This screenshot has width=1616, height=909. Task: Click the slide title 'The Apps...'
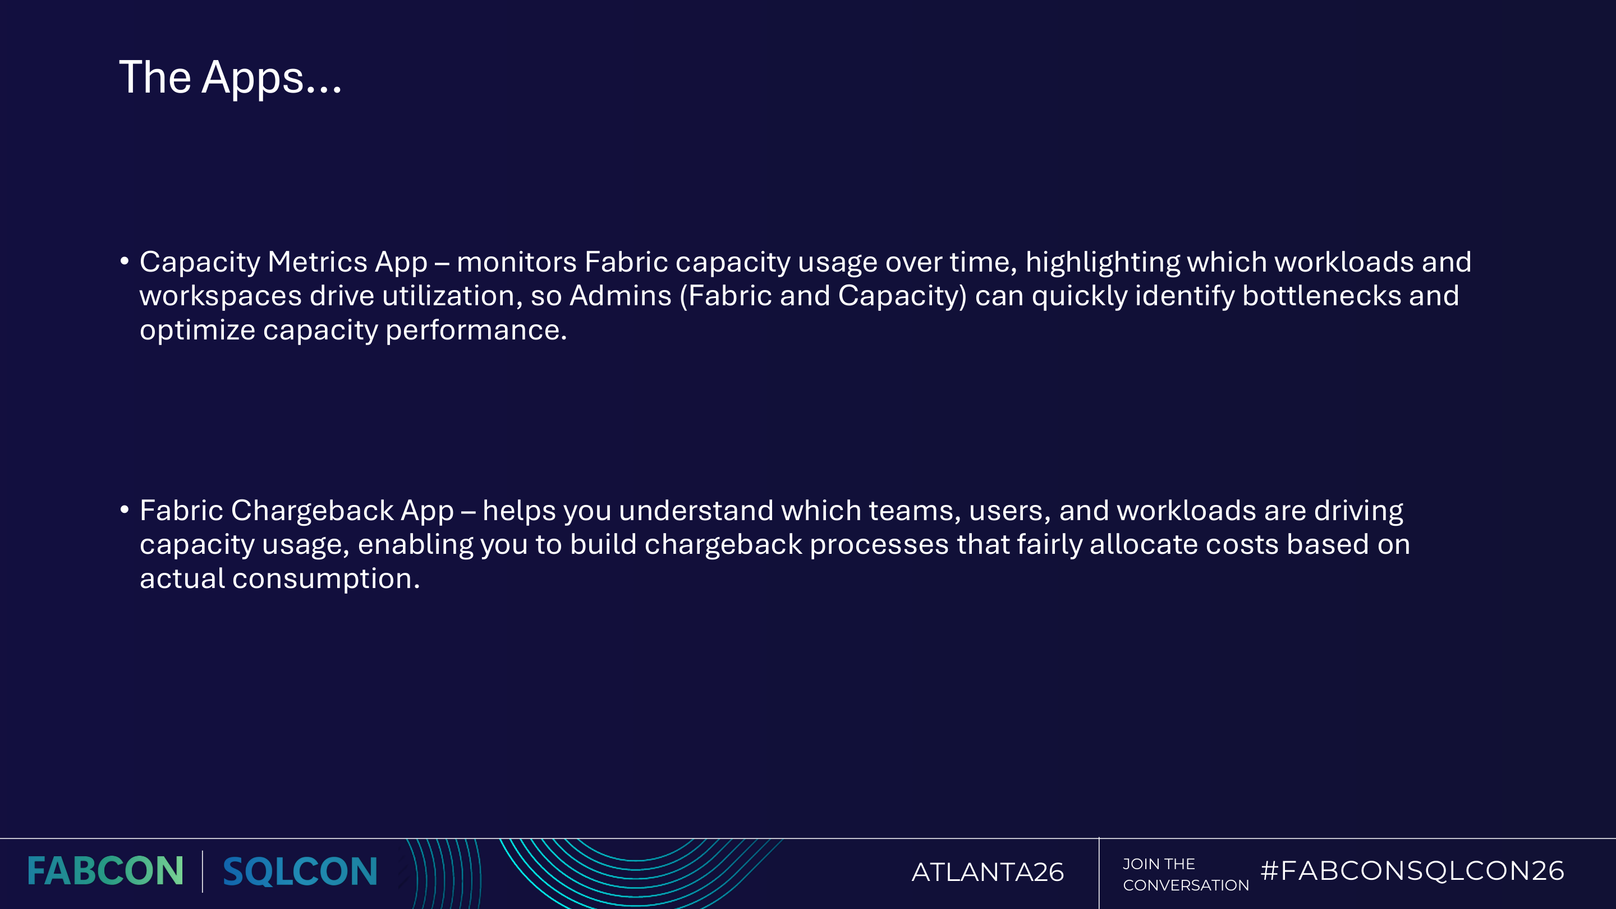click(x=230, y=78)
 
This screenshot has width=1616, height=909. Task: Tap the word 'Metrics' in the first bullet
click(x=318, y=261)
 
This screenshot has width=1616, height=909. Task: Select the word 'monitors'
click(x=516, y=261)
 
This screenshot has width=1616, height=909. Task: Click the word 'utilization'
click(x=448, y=296)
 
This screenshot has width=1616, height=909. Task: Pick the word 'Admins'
click(x=621, y=296)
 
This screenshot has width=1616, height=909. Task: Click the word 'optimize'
click(x=197, y=330)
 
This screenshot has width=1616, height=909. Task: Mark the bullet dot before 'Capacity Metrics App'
click(x=124, y=260)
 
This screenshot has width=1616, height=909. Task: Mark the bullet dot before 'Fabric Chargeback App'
click(x=124, y=509)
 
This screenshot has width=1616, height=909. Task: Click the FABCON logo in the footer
click(x=105, y=871)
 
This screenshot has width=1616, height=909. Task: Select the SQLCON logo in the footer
click(x=300, y=871)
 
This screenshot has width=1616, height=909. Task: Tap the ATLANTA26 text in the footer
click(x=988, y=872)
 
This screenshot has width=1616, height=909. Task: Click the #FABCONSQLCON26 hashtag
click(x=1412, y=870)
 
